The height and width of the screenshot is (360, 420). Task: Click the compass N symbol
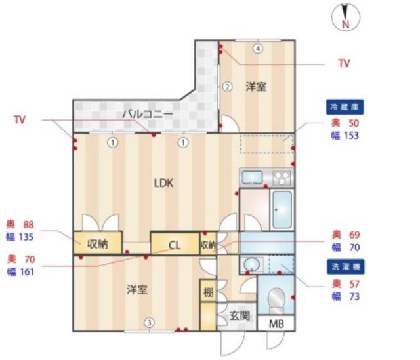tap(346, 17)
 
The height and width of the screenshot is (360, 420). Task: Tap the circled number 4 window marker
tap(258, 49)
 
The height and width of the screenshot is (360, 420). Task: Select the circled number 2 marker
tap(227, 87)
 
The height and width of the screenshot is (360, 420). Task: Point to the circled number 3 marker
tap(150, 323)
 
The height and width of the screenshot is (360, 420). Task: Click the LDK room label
tap(163, 183)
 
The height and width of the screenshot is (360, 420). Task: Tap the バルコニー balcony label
tap(148, 115)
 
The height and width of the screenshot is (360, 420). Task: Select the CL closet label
tap(175, 245)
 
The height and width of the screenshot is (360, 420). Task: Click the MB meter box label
tap(276, 324)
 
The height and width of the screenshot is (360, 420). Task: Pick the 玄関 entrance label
tap(240, 316)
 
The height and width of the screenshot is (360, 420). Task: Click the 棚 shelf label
tap(209, 292)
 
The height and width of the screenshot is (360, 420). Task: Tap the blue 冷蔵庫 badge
tap(345, 107)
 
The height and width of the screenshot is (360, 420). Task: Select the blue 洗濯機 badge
tap(346, 267)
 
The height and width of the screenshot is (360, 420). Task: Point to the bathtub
tap(282, 210)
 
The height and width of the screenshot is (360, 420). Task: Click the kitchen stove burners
tap(282, 178)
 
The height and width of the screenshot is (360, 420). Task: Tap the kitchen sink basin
tap(252, 177)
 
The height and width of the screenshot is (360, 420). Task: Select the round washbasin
tap(251, 264)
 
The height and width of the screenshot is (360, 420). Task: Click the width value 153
tap(350, 136)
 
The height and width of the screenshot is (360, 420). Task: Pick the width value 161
tap(27, 272)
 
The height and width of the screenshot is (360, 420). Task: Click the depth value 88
tap(28, 224)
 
